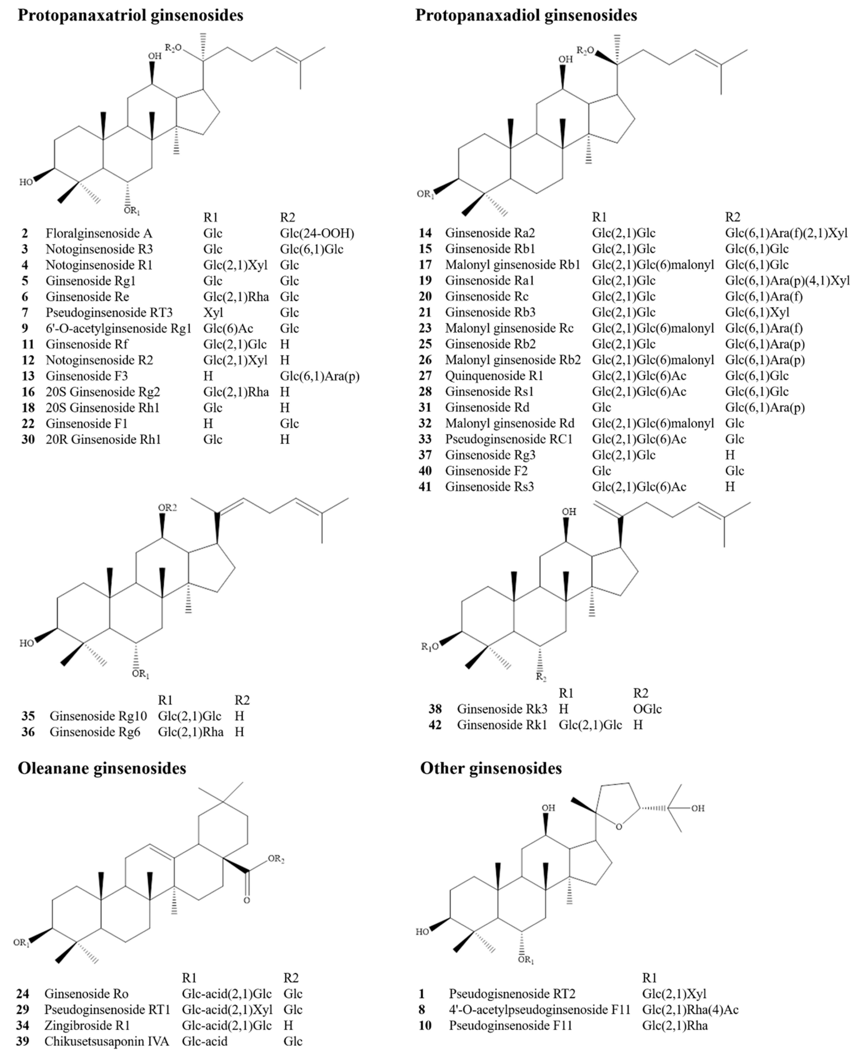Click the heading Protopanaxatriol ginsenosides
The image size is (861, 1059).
pyautogui.click(x=130, y=15)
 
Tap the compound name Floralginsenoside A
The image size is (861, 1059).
pyautogui.click(x=99, y=233)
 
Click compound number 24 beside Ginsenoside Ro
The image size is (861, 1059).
pyautogui.click(x=22, y=993)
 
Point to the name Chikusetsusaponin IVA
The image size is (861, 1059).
pyautogui.click(x=107, y=1041)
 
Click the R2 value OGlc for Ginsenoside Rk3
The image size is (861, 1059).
pyautogui.click(x=647, y=709)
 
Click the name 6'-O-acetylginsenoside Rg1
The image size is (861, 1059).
pyautogui.click(x=118, y=328)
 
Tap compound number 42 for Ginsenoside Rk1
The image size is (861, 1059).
pyautogui.click(x=435, y=725)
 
